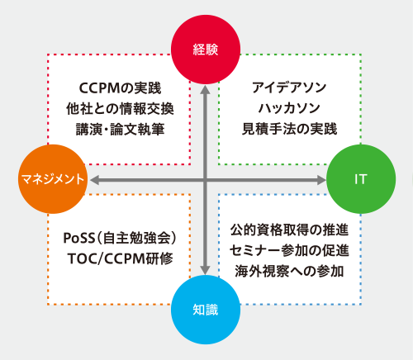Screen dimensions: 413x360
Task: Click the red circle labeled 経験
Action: [206, 50]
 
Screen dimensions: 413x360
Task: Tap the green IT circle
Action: [361, 179]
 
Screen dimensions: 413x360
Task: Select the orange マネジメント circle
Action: [53, 179]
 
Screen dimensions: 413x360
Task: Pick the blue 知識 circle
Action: [206, 310]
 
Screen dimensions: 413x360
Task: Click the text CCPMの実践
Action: [120, 88]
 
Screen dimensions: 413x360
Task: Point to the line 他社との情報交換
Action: [120, 108]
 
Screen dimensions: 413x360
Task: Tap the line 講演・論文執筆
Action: [120, 129]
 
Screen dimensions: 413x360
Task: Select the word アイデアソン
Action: [289, 88]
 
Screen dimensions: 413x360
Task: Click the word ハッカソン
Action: [289, 108]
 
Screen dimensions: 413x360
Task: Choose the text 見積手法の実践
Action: [289, 129]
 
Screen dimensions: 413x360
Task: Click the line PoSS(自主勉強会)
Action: [120, 238]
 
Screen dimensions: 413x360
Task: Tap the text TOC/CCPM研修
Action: [120, 258]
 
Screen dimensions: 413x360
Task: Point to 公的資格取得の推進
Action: [289, 230]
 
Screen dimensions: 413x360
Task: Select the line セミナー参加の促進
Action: [289, 250]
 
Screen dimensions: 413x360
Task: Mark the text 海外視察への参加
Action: [289, 271]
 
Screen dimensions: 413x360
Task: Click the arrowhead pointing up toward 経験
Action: [205, 90]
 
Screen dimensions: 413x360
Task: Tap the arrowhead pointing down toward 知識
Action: [205, 270]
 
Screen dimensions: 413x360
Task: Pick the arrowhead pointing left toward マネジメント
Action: [94, 180]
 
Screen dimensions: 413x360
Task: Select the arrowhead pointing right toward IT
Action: [321, 180]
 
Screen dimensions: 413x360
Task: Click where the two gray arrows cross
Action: [205, 180]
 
